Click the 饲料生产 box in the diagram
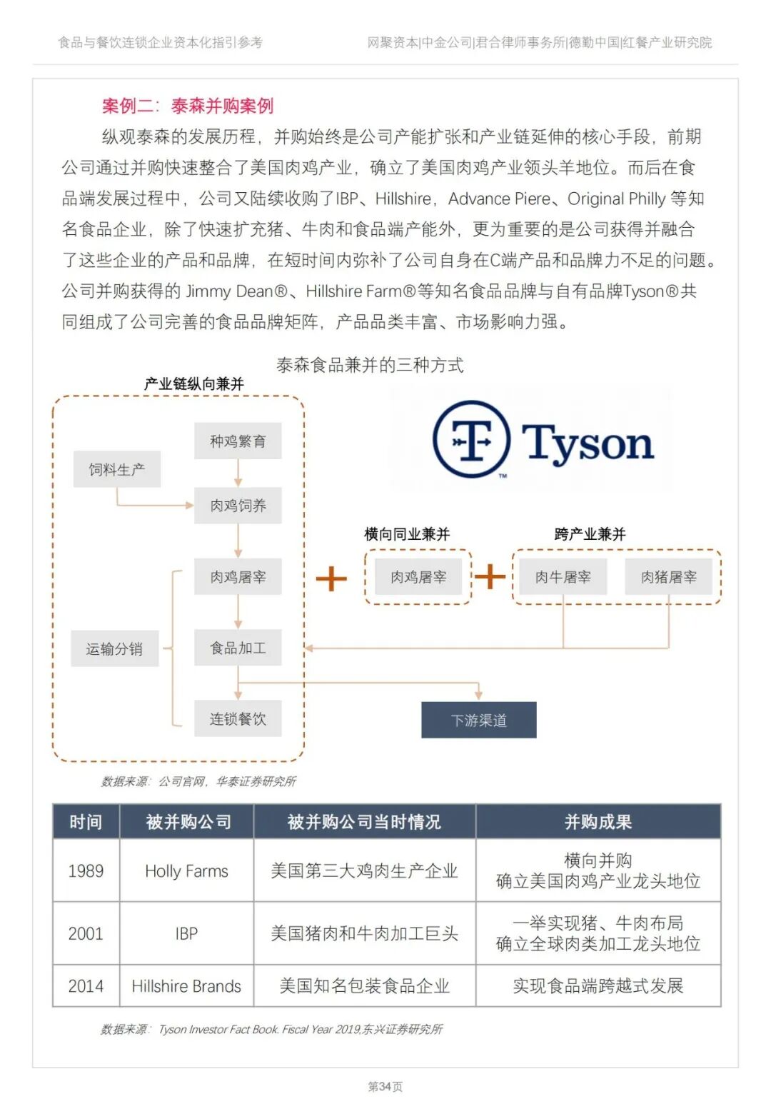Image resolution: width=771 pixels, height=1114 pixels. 116,469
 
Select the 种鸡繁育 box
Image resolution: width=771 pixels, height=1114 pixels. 238,441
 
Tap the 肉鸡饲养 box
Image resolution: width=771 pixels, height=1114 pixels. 238,506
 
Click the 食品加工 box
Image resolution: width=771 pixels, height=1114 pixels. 238,648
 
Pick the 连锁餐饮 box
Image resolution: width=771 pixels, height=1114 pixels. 238,718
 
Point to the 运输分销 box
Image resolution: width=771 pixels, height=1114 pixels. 114,648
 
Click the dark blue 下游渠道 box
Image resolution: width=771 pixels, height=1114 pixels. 478,720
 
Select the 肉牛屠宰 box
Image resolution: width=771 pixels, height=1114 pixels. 563,577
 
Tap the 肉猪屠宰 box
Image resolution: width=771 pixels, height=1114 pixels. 668,577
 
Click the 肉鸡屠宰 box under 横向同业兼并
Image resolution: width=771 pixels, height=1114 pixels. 418,577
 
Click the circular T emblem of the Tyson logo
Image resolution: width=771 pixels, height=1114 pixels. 471,439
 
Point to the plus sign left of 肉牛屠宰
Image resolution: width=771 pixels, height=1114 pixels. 490,576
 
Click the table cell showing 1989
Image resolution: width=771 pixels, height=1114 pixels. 86,870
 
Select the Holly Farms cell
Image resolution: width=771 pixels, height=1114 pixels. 186,870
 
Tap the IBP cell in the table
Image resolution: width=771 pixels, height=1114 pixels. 186,933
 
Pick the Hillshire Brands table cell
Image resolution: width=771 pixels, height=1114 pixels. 186,986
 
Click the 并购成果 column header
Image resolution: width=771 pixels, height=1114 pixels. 598,822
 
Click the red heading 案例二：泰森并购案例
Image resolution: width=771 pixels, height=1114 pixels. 188,106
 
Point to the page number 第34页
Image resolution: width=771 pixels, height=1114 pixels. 385,1086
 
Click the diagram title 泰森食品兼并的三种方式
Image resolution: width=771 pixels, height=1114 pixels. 370,365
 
